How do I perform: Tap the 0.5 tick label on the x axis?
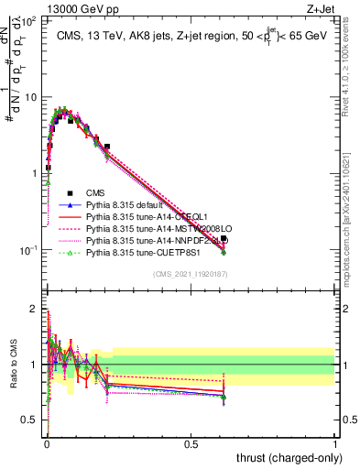(x=191, y=444)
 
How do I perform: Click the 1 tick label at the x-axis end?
(x=334, y=444)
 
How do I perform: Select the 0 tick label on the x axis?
(x=47, y=444)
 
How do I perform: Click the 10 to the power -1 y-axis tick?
(x=30, y=249)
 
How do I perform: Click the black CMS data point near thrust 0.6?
(x=224, y=238)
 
